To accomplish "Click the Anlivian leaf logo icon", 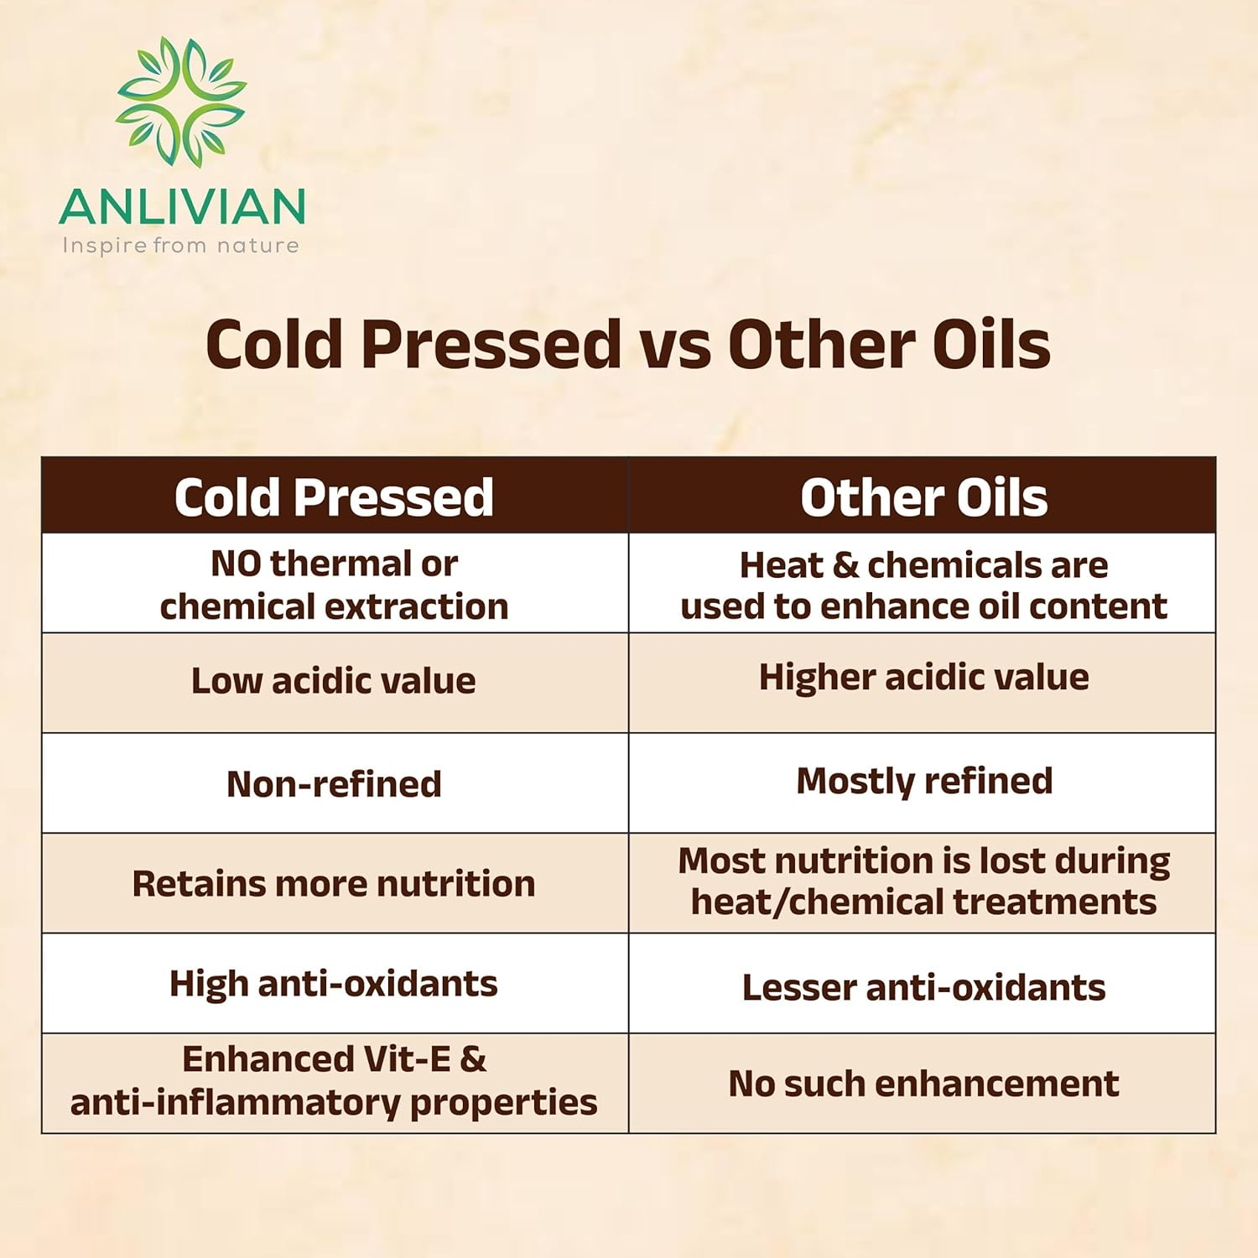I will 181,101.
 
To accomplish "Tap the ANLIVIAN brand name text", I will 182,207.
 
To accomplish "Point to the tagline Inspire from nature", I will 180,246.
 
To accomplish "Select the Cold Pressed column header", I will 334,497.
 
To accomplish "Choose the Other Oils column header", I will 923,497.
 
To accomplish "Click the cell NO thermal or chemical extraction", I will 334,585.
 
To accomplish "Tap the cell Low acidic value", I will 334,681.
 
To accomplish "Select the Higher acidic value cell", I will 923,678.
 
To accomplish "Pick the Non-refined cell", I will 334,784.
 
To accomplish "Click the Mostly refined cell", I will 923,781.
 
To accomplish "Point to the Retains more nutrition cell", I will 334,884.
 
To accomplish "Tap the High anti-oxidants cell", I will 334,984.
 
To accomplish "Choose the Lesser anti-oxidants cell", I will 923,988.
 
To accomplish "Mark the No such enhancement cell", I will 923,1084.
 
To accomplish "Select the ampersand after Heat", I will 845,566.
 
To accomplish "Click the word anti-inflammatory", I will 235,1103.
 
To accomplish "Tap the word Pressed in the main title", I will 491,345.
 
